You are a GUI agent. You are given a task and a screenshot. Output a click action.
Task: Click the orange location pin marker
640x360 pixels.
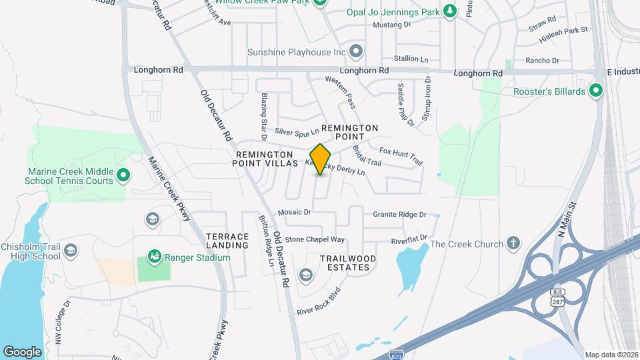click(321, 159)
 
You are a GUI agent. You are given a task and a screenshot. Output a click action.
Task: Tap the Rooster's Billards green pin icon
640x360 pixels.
click(596, 91)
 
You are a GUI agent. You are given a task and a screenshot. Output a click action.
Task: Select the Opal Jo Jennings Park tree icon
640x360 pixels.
click(451, 11)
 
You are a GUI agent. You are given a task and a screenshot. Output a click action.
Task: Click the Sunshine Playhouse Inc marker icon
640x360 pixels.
click(357, 51)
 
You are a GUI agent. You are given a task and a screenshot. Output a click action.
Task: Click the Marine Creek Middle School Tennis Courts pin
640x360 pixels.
click(123, 175)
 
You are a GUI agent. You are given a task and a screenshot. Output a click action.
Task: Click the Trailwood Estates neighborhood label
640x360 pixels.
click(348, 263)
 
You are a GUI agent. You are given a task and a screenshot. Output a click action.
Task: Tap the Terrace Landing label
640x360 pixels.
click(227, 241)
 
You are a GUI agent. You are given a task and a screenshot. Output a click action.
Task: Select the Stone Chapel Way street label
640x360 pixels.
click(315, 239)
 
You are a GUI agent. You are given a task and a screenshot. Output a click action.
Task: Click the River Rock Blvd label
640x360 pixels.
click(319, 301)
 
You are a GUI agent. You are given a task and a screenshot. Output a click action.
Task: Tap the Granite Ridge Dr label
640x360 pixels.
click(399, 215)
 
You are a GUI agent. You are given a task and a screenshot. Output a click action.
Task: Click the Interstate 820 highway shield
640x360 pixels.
click(397, 353)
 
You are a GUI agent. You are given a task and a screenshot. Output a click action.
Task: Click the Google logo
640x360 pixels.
click(22, 351)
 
